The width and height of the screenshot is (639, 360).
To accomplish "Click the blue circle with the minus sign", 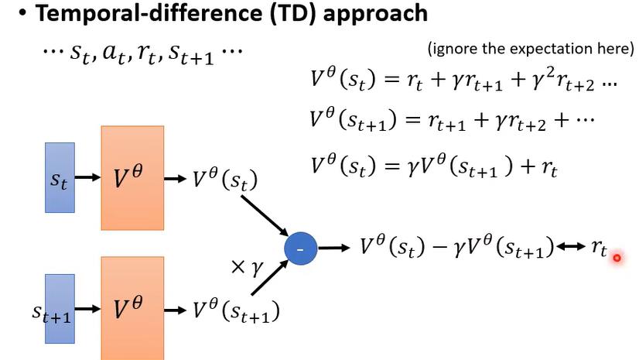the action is pyautogui.click(x=299, y=248).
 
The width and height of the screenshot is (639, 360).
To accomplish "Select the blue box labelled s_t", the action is pyautogui.click(x=60, y=177).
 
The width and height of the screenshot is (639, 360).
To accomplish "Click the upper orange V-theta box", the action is pyautogui.click(x=132, y=177).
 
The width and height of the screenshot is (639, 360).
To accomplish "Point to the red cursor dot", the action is pyautogui.click(x=617, y=258).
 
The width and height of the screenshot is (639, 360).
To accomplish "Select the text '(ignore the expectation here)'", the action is pyautogui.click(x=530, y=48).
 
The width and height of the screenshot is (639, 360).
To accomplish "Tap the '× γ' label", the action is pyautogui.click(x=248, y=268).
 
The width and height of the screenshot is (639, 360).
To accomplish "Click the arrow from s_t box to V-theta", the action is pyautogui.click(x=88, y=177).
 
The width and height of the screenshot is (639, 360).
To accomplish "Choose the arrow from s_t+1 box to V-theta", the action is pyautogui.click(x=88, y=309).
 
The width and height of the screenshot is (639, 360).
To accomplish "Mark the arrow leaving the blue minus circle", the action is pyautogui.click(x=333, y=248).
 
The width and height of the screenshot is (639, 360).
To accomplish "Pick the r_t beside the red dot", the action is pyautogui.click(x=599, y=249).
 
